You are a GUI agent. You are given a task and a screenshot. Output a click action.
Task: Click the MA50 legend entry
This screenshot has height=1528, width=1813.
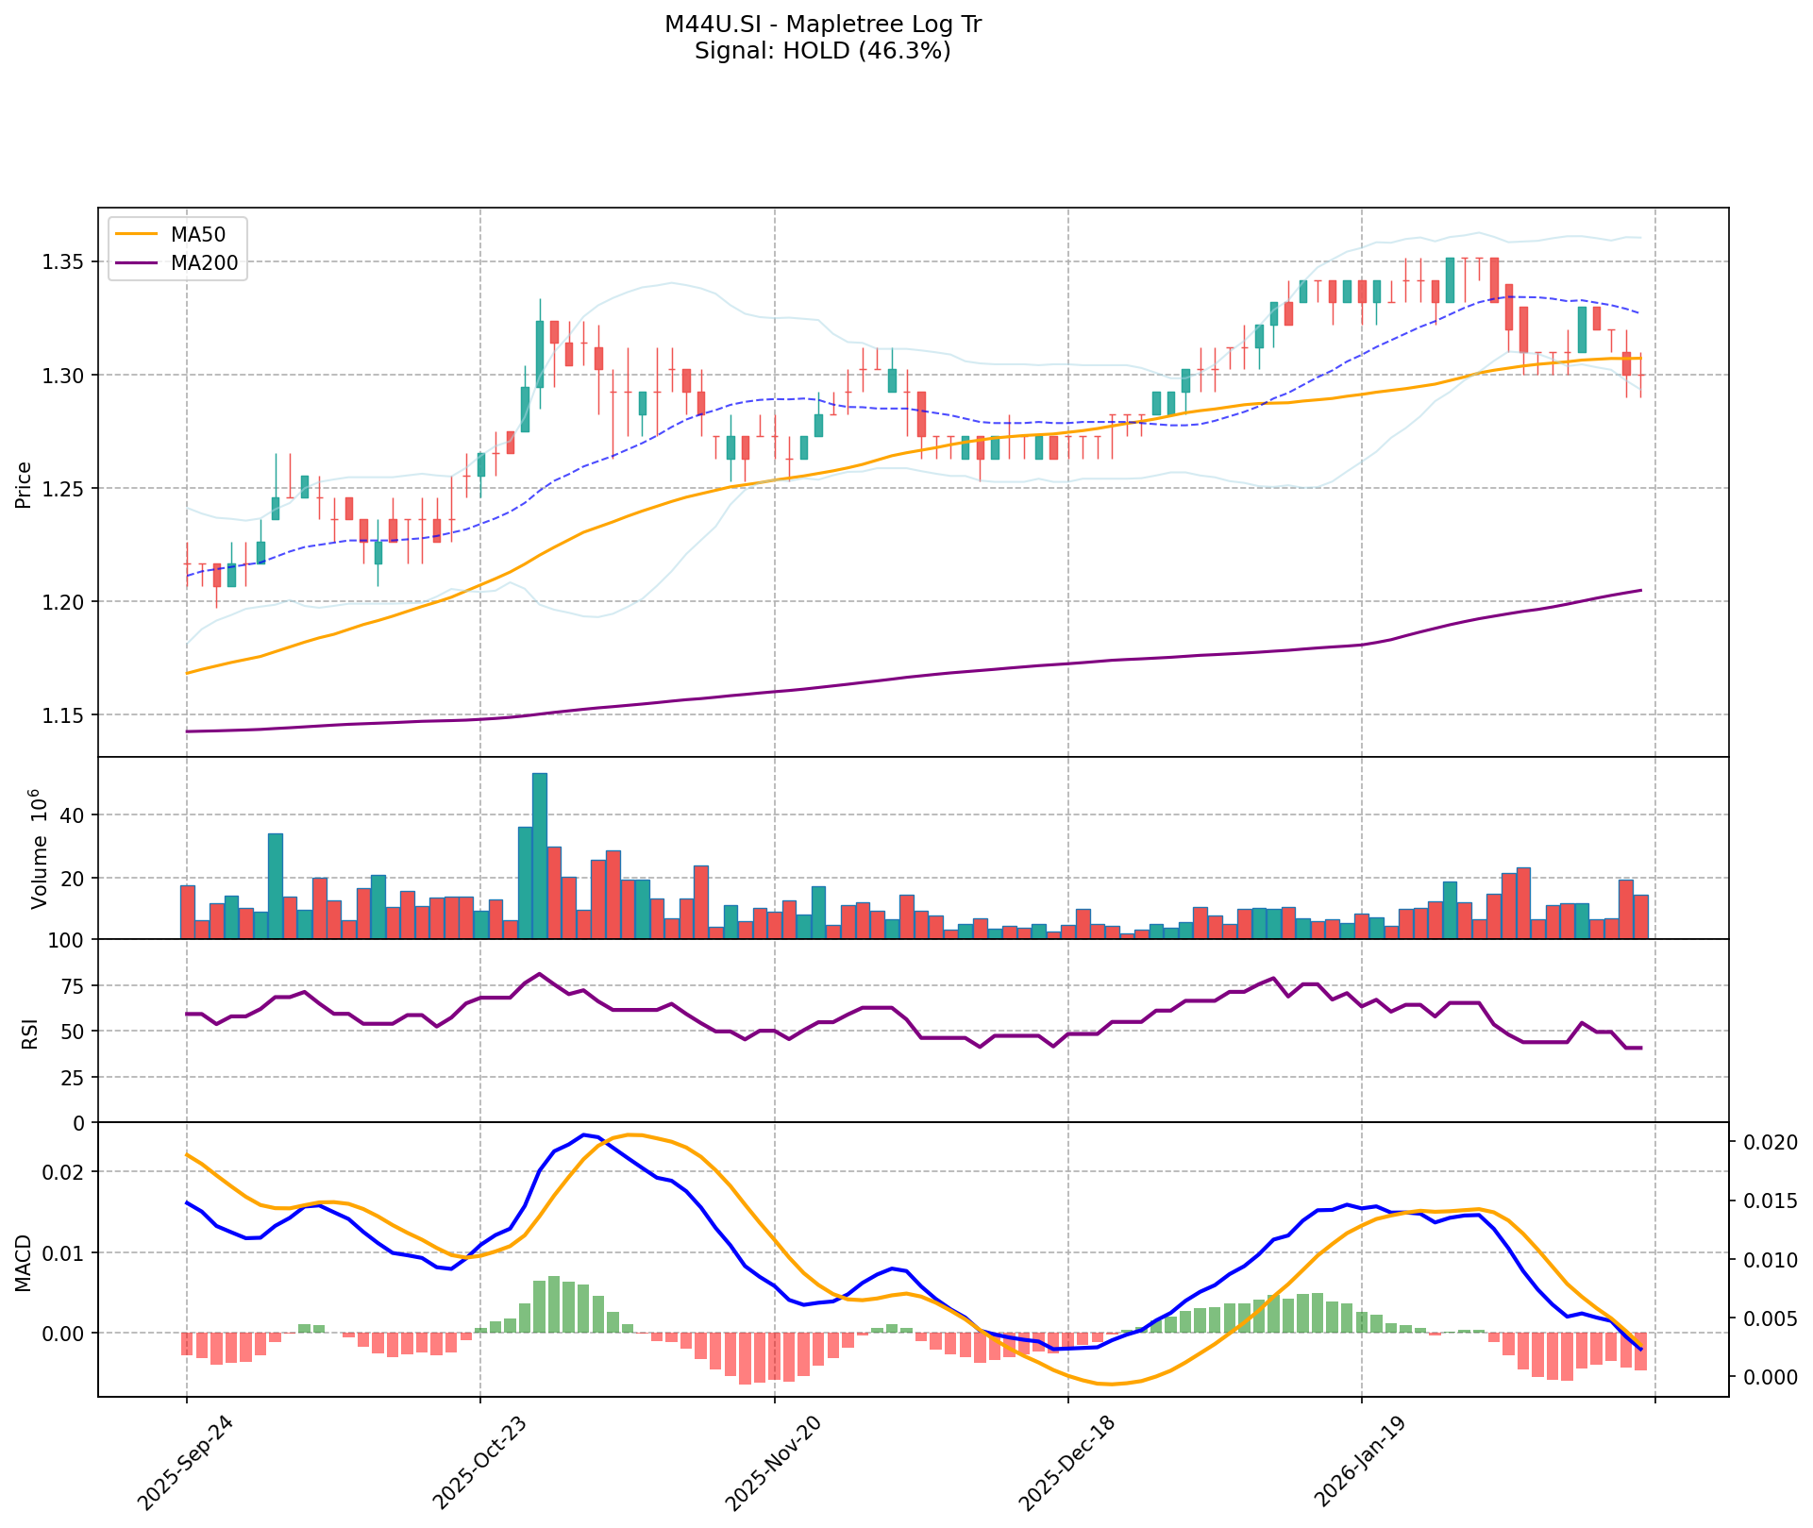coord(196,234)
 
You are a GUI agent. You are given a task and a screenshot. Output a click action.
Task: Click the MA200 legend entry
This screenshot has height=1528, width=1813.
coord(203,264)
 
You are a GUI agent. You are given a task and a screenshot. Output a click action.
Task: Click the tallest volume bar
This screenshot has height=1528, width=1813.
coord(540,855)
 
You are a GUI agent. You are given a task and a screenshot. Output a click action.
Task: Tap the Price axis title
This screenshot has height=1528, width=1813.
coord(25,485)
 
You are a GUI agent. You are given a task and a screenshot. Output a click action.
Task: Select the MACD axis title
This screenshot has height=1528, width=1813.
coord(25,1263)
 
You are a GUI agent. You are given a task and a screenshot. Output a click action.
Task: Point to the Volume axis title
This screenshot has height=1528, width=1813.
coord(39,849)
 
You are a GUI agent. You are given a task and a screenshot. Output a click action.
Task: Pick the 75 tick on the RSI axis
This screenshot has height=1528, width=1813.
coord(73,986)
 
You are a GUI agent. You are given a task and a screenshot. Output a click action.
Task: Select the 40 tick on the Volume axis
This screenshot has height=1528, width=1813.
coord(73,815)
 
